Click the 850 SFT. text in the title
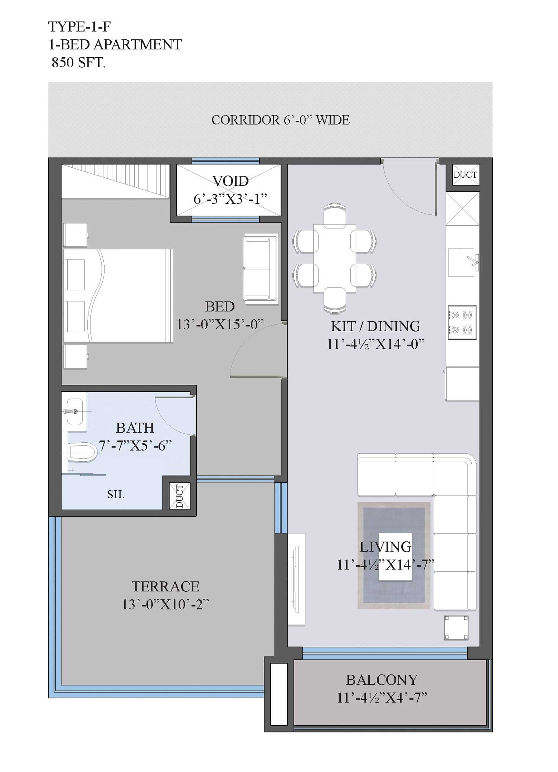(x=78, y=62)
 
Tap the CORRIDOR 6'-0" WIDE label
(x=280, y=120)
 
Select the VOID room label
(x=231, y=181)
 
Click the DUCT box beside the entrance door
(x=465, y=175)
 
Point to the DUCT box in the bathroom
(x=180, y=496)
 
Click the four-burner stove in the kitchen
(x=462, y=322)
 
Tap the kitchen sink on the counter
(x=462, y=262)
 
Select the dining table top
(x=334, y=258)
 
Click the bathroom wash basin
(x=74, y=411)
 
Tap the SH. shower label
(x=116, y=494)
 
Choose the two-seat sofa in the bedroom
(x=261, y=268)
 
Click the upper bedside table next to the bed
(x=76, y=235)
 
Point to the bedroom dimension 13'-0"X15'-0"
(x=220, y=324)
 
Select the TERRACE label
(x=166, y=586)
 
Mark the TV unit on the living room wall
(x=296, y=579)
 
